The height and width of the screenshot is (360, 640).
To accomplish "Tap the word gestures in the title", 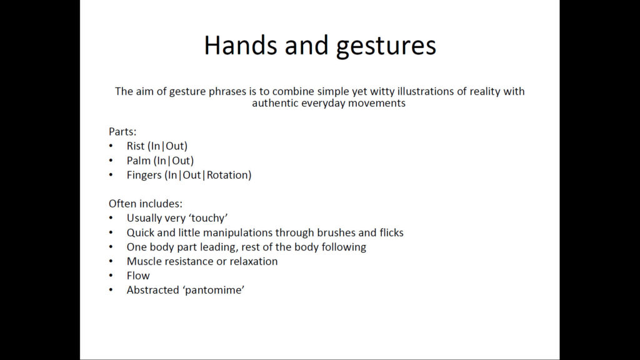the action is click(386, 46).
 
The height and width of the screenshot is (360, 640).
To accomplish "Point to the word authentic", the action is click(275, 103).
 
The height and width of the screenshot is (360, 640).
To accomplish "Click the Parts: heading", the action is click(122, 131).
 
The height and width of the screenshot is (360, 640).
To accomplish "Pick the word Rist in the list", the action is click(136, 146).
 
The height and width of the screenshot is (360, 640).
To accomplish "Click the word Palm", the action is click(139, 161).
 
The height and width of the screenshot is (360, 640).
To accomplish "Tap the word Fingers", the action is click(144, 176).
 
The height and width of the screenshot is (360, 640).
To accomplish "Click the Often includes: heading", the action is click(145, 204).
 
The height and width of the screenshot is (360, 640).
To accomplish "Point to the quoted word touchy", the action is click(211, 218).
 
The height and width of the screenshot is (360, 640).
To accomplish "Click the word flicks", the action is click(391, 232).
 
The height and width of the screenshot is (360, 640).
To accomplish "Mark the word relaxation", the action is click(254, 261).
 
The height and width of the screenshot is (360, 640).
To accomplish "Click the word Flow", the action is click(138, 276).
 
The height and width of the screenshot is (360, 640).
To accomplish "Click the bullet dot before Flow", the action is click(111, 276).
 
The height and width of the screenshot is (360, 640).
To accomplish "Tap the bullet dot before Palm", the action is click(111, 161).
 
